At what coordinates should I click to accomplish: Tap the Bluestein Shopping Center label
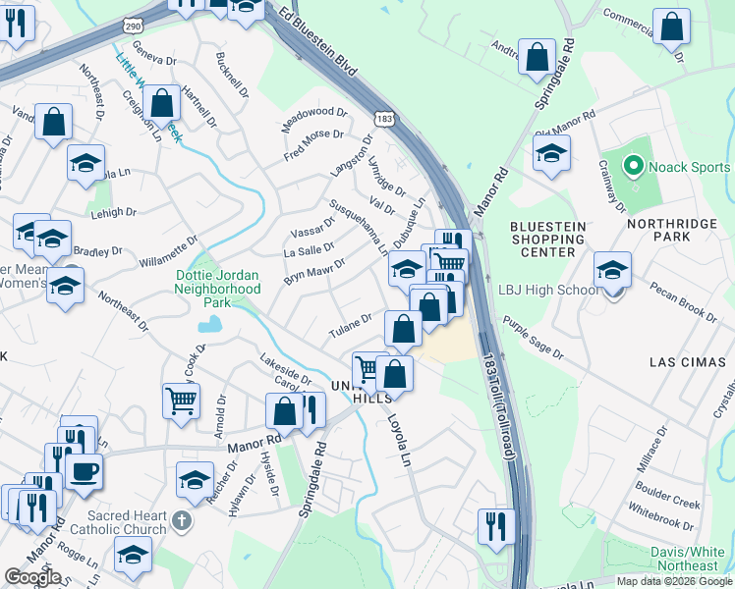(547, 240)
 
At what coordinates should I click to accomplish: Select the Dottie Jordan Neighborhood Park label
(217, 290)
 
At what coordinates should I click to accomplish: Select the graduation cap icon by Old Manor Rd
(551, 152)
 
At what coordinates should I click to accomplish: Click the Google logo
(32, 577)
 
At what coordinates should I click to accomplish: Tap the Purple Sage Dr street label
(534, 338)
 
